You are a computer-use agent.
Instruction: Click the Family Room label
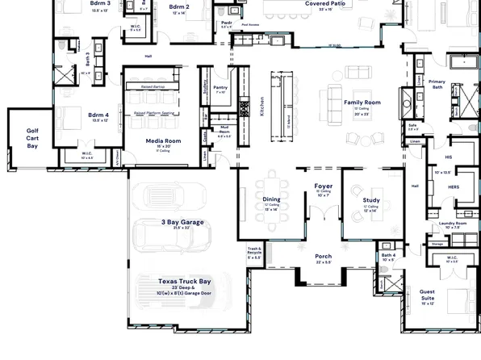(x=362, y=103)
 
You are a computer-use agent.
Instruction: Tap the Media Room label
(x=162, y=140)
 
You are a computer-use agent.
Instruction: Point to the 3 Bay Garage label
(x=181, y=221)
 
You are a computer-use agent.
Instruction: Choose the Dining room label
(x=271, y=199)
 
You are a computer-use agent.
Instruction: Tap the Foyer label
(x=323, y=186)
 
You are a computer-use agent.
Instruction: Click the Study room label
(x=371, y=199)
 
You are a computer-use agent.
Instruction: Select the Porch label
(x=323, y=256)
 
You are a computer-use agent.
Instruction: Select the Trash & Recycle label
(x=254, y=251)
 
